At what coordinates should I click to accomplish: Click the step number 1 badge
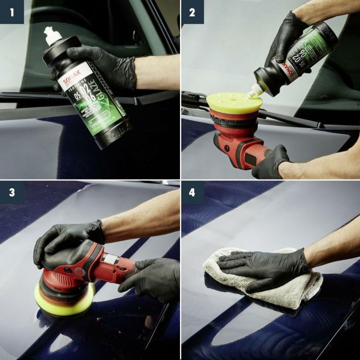pyautogui.click(x=11, y=11)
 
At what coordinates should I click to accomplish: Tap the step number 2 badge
pyautogui.click(x=192, y=11)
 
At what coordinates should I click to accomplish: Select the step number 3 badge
pyautogui.click(x=11, y=192)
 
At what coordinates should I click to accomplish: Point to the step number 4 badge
pyautogui.click(x=192, y=192)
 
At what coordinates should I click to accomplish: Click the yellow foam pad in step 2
pyautogui.click(x=235, y=102)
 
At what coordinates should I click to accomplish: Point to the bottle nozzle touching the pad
pyautogui.click(x=252, y=94)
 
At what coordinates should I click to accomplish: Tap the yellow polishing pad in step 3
pyautogui.click(x=64, y=299)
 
